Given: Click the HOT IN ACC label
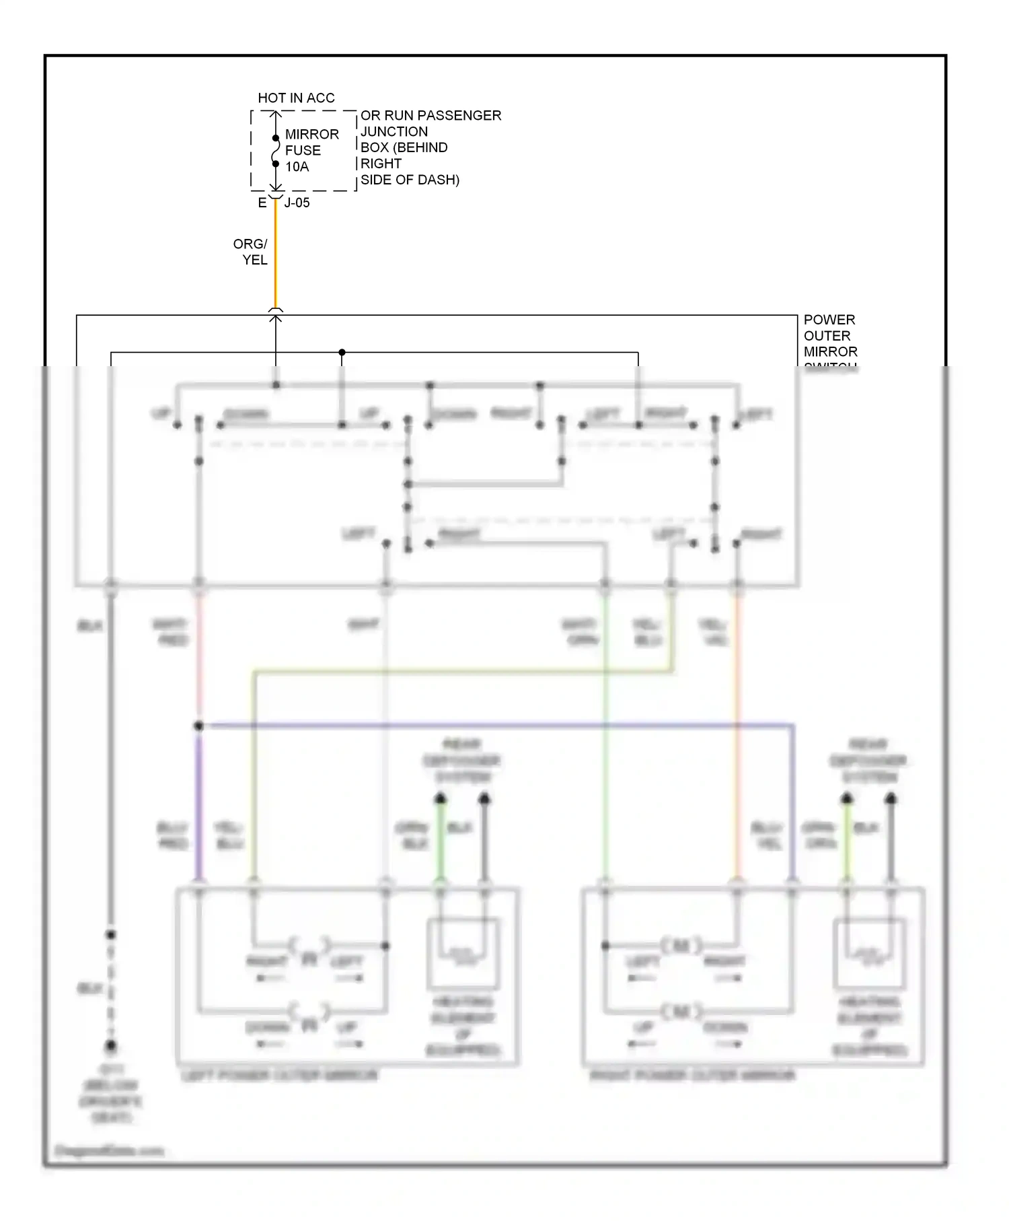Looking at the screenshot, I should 296,98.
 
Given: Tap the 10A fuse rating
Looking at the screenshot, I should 297,167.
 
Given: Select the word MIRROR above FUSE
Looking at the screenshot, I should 311,135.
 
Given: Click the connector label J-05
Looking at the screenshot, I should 297,203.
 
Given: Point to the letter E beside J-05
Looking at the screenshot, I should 262,203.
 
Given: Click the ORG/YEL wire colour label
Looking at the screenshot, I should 251,252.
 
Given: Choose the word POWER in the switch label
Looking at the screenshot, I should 829,320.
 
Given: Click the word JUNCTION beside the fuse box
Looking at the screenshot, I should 394,132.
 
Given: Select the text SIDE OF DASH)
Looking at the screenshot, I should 410,180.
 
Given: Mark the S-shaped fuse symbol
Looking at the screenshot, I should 275,151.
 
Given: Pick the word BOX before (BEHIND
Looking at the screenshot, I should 375,147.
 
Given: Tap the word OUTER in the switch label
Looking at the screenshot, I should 827,336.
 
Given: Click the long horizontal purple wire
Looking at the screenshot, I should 498,726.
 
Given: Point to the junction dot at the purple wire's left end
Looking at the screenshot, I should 198,726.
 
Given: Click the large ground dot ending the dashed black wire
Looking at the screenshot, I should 111,1046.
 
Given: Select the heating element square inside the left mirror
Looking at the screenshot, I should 463,953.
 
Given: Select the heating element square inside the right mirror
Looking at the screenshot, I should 868,953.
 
